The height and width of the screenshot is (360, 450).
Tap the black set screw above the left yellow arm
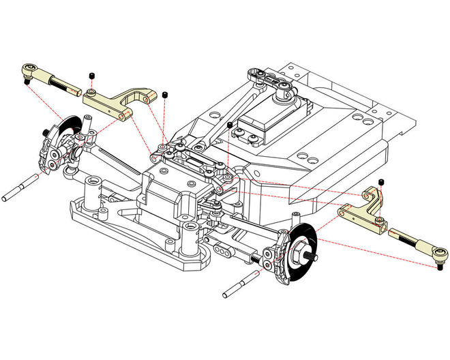pos(90,75)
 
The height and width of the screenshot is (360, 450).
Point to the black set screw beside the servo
pos(230,125)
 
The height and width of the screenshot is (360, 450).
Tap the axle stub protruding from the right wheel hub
pos(314,256)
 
